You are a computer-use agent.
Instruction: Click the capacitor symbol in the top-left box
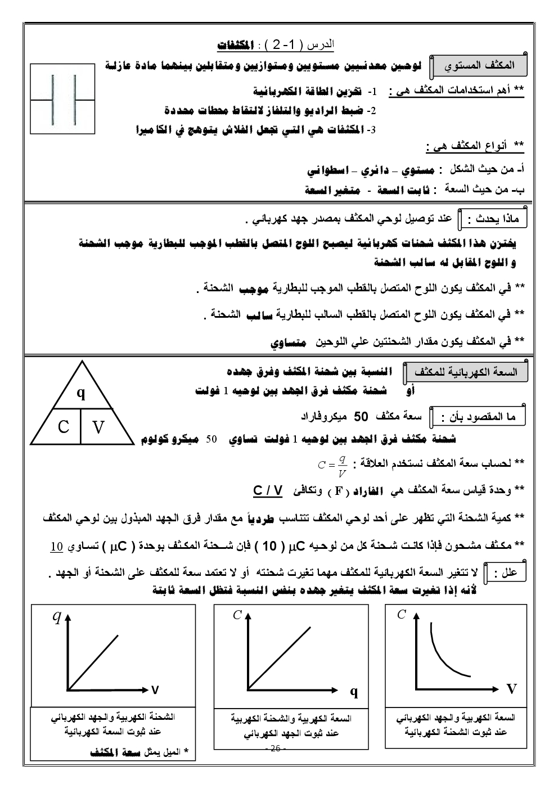pos(62,100)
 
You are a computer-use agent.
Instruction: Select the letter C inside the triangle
pos(64,427)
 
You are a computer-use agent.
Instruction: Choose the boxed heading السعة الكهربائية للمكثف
pos(465,372)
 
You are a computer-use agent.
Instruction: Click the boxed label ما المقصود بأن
pos(479,417)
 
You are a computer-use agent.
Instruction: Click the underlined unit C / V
pos(267,490)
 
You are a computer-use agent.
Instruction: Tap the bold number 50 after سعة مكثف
pos(361,417)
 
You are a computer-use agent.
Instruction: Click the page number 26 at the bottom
pos(275,749)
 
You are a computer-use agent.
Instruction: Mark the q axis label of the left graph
pos(56,617)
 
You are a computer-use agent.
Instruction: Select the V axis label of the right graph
pos(511,689)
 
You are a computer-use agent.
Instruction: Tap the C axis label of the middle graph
pos(237,615)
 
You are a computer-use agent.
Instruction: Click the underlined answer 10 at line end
pos(57,546)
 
